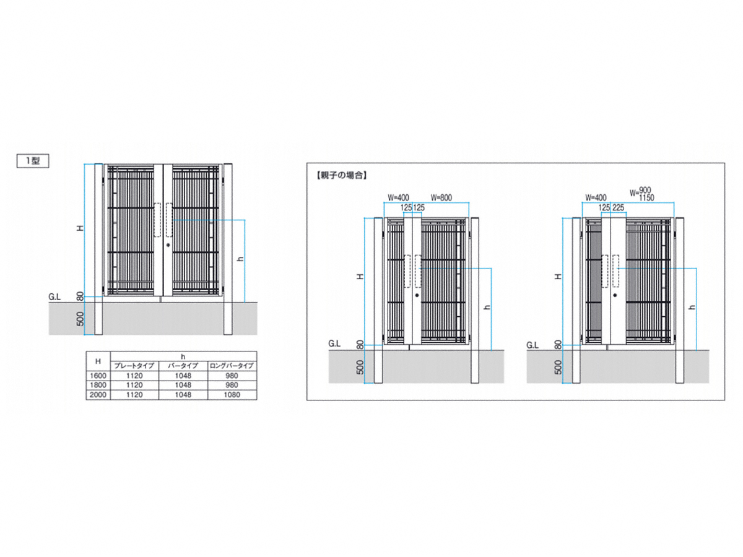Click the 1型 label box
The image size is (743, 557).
(33, 161)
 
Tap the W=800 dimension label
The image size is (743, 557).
(441, 197)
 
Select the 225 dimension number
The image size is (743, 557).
(618, 208)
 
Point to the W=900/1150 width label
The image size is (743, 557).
(641, 194)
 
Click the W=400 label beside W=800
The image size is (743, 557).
(398, 197)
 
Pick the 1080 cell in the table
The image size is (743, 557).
(232, 395)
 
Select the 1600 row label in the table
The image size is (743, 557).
(98, 376)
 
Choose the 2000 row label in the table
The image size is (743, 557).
(98, 395)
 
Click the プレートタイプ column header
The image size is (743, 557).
(134, 366)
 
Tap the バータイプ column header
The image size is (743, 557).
(183, 366)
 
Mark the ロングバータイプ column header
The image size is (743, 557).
(232, 366)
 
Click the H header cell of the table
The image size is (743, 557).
(98, 361)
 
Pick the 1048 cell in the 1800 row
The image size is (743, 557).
(183, 385)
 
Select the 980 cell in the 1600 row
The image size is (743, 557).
(232, 376)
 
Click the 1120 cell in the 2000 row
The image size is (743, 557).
(134, 395)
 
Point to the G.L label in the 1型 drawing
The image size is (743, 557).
(54, 297)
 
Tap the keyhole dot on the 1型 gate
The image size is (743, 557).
(168, 245)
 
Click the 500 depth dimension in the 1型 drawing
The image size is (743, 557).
(80, 319)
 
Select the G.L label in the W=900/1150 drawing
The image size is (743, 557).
(532, 345)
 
